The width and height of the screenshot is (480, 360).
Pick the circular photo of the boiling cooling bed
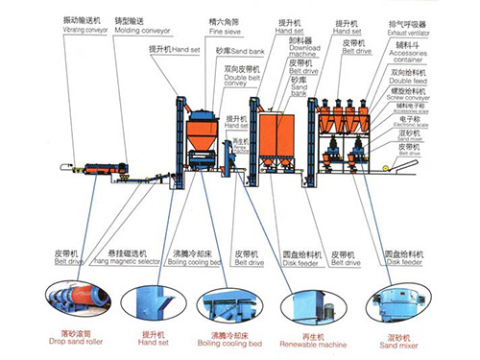[227, 303]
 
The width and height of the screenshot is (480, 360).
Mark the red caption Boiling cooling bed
[227, 343]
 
